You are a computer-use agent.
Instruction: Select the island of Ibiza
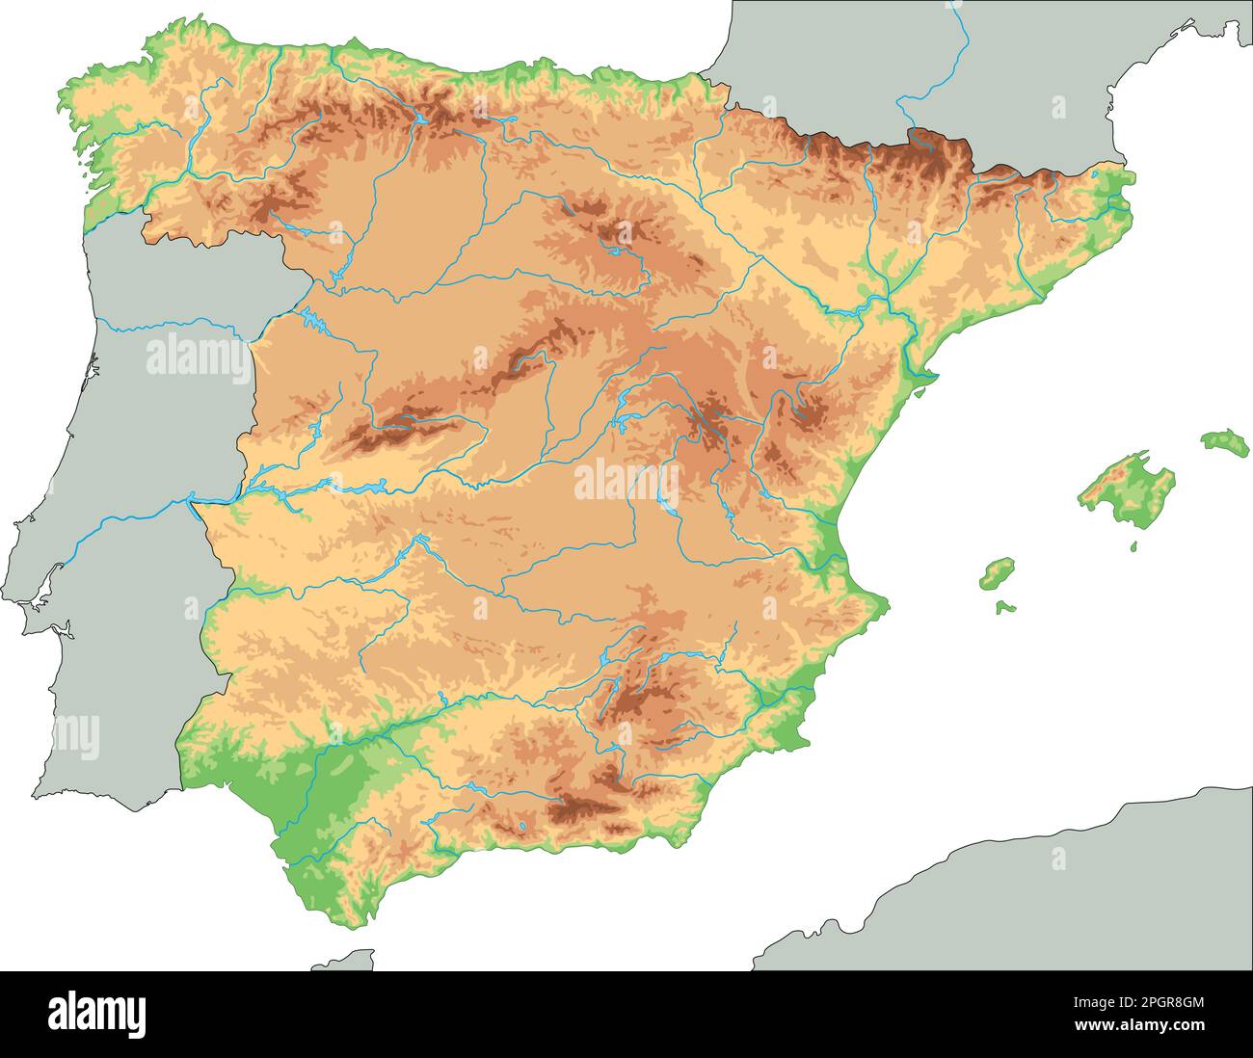coord(998,574)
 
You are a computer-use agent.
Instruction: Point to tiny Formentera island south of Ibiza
coord(1005,607)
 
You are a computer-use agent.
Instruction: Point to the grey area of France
coord(848,58)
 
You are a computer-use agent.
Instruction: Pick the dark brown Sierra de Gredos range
coord(390,431)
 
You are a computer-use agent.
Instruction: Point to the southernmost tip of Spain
coord(333,926)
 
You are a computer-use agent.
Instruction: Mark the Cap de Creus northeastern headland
coord(1133,177)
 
